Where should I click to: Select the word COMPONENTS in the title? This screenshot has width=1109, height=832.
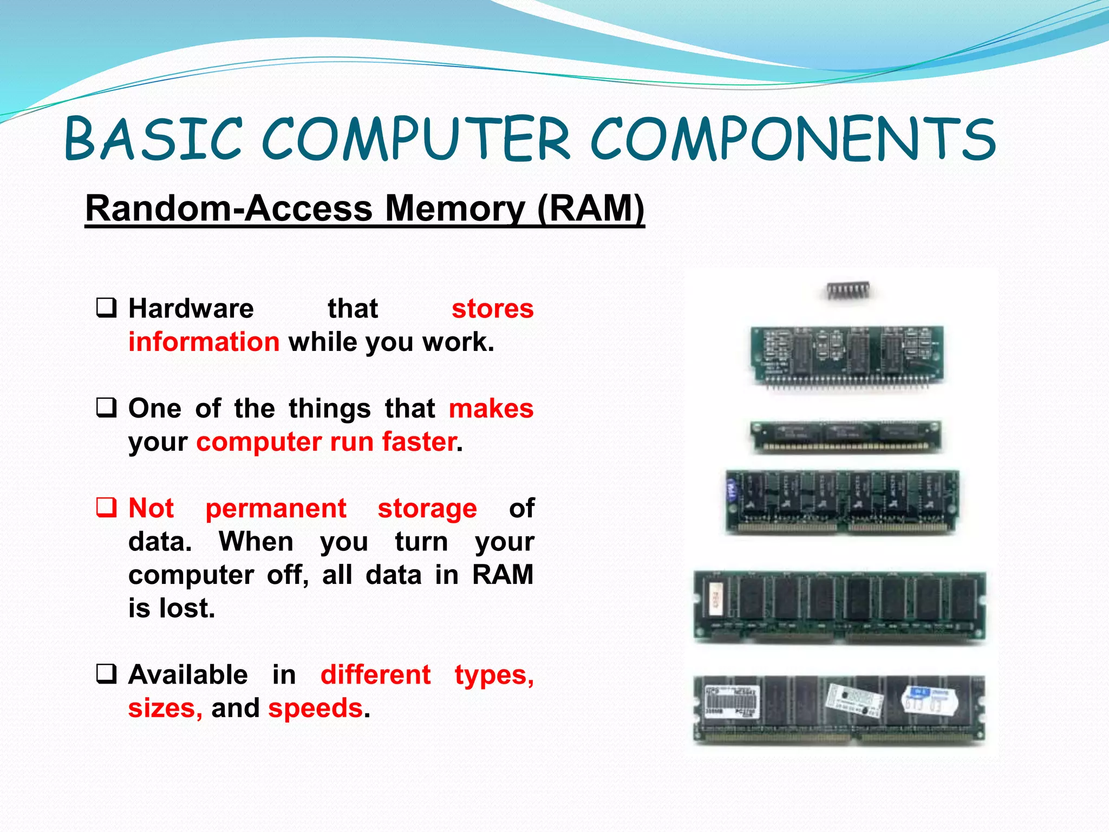(793, 139)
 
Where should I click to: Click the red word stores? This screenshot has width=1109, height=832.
(492, 309)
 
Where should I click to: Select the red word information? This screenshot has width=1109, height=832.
(204, 342)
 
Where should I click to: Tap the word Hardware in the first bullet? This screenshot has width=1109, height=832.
(191, 309)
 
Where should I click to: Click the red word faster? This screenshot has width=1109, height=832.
(419, 442)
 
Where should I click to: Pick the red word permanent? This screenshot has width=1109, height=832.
(276, 509)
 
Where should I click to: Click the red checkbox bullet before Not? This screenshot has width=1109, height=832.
(106, 508)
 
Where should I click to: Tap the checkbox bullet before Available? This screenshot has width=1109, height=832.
(106, 674)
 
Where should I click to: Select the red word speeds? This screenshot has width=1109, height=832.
(315, 708)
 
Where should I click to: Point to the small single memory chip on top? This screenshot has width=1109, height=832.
(849, 291)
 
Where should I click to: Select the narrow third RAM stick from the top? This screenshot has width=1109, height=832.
(846, 436)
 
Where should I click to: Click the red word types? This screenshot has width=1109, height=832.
(494, 675)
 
